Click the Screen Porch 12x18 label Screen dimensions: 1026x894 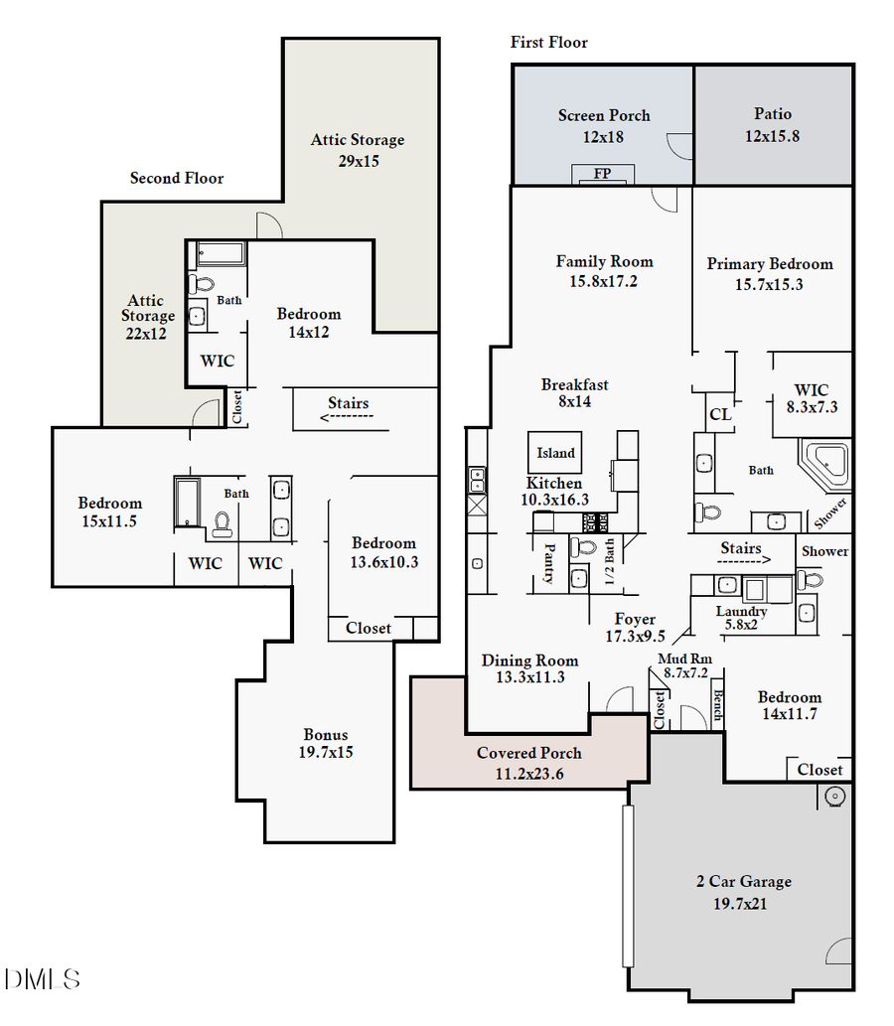tap(604, 126)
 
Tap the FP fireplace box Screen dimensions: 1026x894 tap(602, 174)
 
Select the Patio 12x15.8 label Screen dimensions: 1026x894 tap(772, 125)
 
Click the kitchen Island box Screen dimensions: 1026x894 tap(555, 453)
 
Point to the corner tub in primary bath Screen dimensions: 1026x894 tap(826, 464)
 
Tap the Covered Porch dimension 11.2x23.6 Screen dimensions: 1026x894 tap(528, 774)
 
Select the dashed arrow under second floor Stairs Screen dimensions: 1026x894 tap(347, 417)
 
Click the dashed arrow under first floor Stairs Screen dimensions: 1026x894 tap(741, 561)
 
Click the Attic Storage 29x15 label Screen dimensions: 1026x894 tap(358, 150)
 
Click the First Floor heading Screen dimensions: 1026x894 tap(549, 43)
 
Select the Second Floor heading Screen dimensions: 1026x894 tap(177, 179)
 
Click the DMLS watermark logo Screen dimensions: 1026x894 tap(42, 980)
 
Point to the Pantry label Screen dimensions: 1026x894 tap(548, 563)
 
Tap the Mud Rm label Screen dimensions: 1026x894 tap(685, 659)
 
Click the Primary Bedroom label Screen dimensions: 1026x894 tap(770, 264)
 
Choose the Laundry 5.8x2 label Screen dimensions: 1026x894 tap(741, 618)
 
